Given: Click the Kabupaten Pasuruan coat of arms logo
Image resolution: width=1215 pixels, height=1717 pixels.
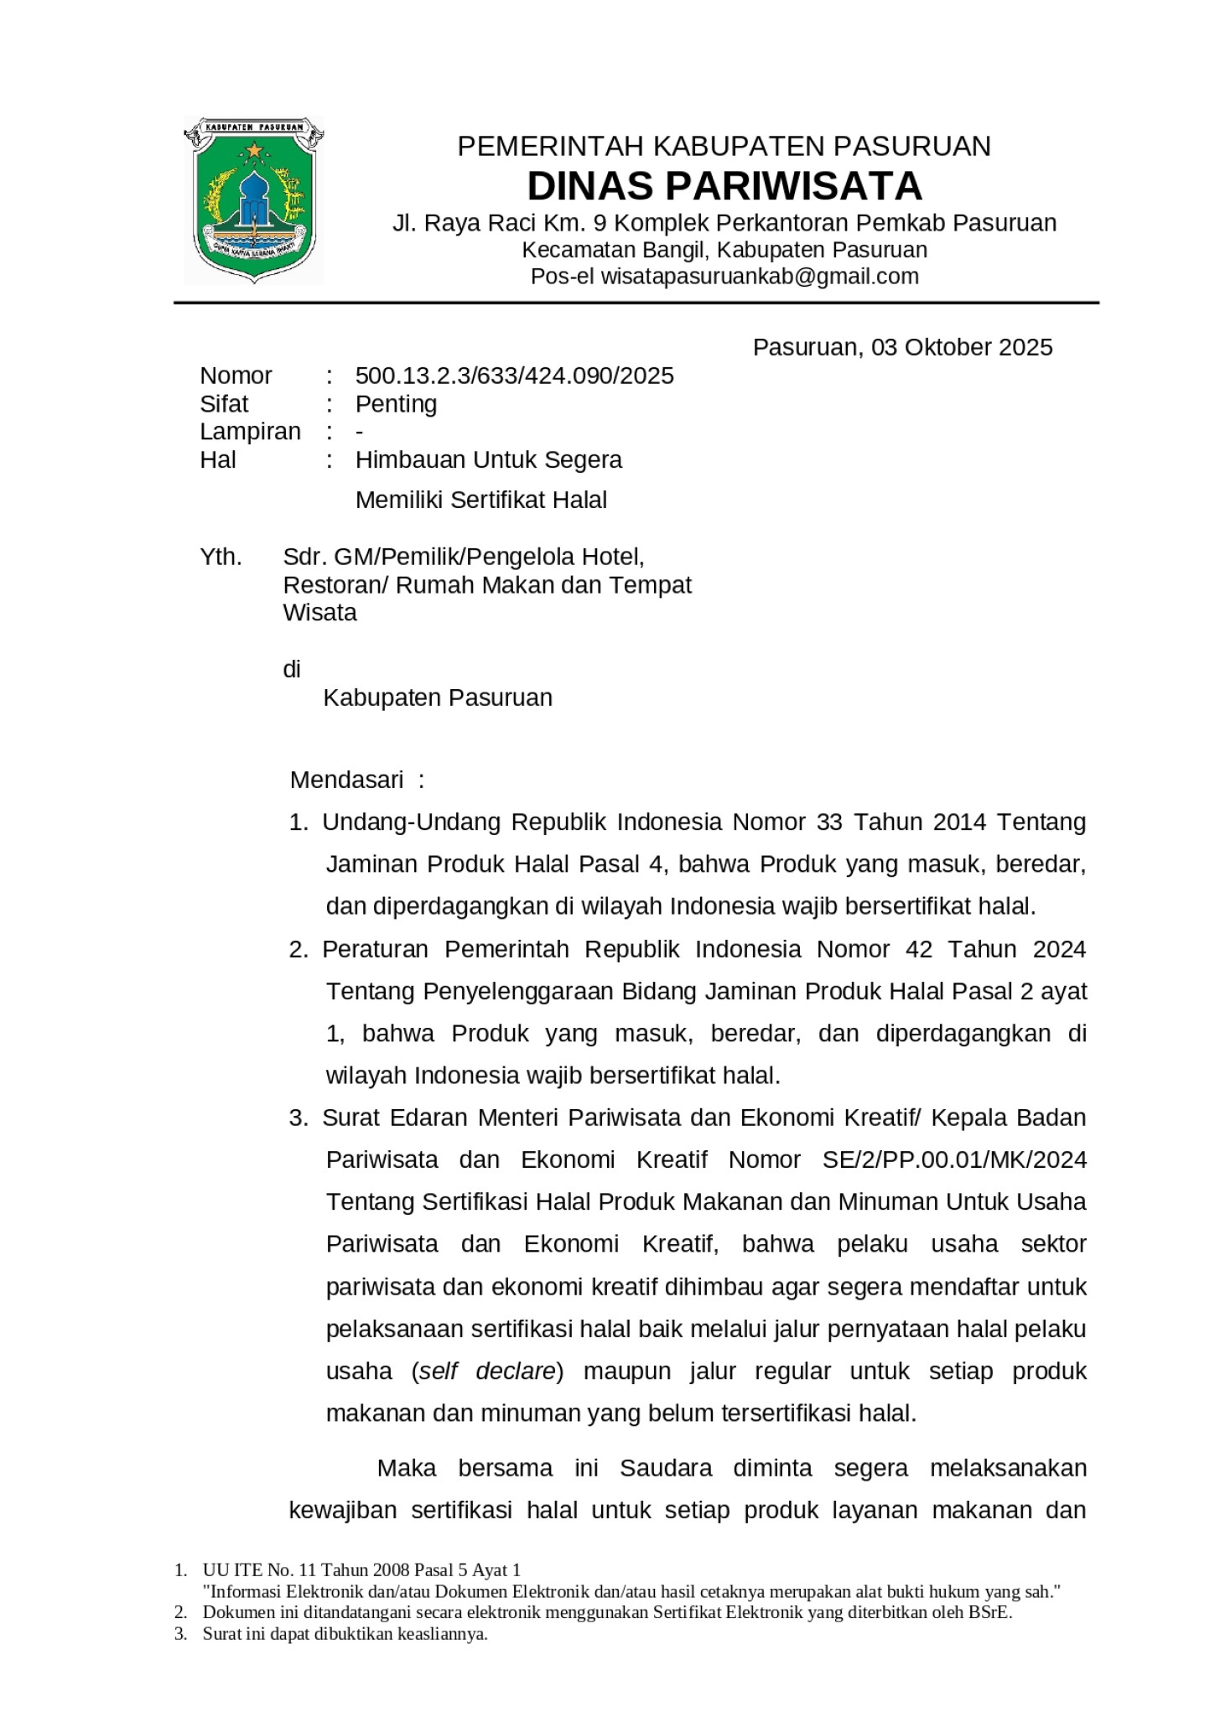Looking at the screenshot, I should click(x=254, y=200).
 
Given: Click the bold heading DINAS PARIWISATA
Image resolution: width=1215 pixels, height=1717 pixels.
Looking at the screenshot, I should click(x=724, y=186).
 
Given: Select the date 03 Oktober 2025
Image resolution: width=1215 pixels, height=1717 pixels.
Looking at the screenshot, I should click(x=961, y=347).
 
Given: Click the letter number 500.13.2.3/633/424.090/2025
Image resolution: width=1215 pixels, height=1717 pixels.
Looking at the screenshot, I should click(x=514, y=376).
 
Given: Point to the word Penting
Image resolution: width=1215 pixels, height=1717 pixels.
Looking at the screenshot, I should click(x=396, y=404).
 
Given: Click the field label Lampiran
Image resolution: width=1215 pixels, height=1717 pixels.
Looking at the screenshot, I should click(x=250, y=432).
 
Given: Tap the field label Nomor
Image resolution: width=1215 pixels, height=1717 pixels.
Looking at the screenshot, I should click(x=236, y=376).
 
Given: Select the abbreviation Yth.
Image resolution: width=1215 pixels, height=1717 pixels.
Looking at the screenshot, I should click(x=221, y=557).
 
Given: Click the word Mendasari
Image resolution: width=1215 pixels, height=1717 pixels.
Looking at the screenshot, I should click(x=347, y=781).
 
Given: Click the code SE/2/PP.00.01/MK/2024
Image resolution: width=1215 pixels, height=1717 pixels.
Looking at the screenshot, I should click(x=954, y=1159).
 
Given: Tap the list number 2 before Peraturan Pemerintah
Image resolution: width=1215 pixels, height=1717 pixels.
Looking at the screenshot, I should click(x=298, y=950).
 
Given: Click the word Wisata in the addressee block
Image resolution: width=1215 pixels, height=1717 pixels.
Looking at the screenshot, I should click(x=319, y=613).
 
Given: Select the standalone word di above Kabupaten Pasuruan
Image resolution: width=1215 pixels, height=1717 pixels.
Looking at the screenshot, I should click(x=291, y=669).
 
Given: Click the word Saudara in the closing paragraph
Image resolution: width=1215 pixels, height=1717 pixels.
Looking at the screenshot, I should click(x=666, y=1468).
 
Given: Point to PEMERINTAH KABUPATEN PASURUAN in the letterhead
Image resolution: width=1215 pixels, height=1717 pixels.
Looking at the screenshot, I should click(x=724, y=147).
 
